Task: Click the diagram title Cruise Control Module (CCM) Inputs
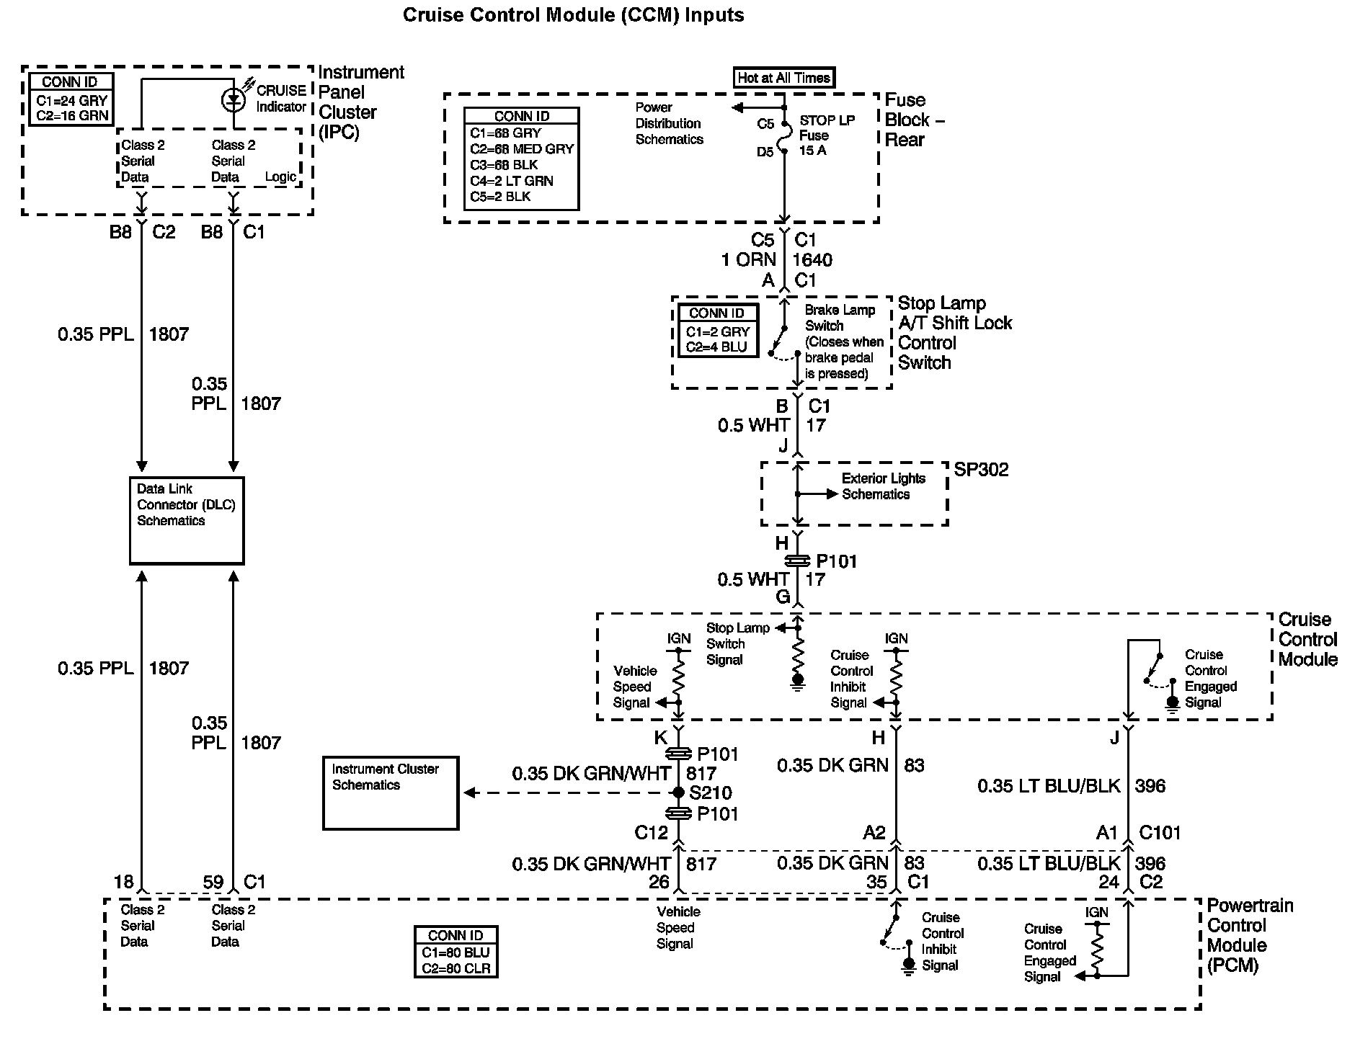[x=573, y=15]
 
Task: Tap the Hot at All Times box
[x=784, y=78]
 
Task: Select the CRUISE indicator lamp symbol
[x=233, y=99]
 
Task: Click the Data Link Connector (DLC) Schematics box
[x=187, y=520]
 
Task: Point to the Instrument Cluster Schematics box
[x=390, y=793]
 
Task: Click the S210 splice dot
[x=678, y=793]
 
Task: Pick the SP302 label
[x=981, y=470]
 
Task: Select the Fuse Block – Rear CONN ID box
[x=521, y=159]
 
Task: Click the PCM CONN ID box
[x=456, y=952]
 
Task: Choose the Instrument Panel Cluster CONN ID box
[x=70, y=99]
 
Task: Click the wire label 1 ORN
[x=749, y=260]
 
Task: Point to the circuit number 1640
[x=812, y=260]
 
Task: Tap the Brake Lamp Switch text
[x=840, y=318]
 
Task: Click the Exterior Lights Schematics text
[x=883, y=486]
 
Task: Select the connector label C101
[x=1160, y=833]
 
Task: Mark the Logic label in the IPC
[x=280, y=177]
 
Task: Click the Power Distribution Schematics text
[x=669, y=123]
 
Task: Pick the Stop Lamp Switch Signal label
[x=737, y=643]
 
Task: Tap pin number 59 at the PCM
[x=213, y=882]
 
